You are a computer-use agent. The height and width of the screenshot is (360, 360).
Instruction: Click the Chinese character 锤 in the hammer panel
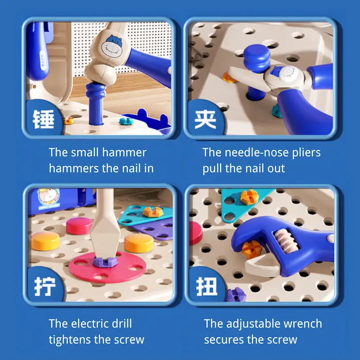(x=44, y=119)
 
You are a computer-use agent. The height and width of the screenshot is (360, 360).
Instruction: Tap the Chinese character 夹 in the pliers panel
(x=205, y=119)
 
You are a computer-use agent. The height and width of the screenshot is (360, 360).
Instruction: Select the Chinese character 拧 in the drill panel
(x=45, y=286)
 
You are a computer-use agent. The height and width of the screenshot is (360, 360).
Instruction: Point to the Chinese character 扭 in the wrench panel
(x=207, y=286)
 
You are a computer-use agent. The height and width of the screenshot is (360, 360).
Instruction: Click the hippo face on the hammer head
(x=112, y=46)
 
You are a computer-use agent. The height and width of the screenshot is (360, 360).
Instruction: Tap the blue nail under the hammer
(x=96, y=104)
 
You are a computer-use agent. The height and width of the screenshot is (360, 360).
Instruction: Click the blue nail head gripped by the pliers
(x=257, y=58)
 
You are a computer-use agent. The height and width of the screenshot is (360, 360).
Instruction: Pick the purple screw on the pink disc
(x=105, y=262)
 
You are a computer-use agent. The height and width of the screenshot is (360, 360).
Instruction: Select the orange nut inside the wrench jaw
(x=252, y=249)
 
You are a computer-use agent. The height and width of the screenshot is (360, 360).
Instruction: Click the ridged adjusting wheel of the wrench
(x=286, y=241)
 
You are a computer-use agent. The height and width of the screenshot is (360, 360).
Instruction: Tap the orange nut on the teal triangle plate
(x=249, y=197)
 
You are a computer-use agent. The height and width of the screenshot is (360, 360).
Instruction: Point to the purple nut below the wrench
(x=236, y=295)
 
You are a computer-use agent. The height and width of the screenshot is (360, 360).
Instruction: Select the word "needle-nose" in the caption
(x=257, y=152)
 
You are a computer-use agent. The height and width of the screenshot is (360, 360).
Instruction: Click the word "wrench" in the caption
(x=303, y=323)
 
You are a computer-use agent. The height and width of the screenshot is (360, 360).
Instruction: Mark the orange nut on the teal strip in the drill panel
(x=153, y=211)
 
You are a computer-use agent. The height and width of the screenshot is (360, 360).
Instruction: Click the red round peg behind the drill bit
(x=79, y=226)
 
